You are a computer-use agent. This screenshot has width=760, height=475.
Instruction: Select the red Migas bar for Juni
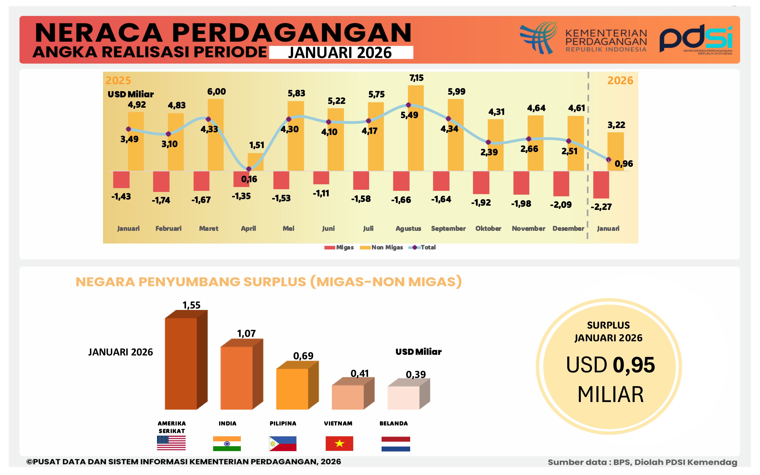coord(321,178)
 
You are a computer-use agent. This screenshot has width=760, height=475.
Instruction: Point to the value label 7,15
coord(416,78)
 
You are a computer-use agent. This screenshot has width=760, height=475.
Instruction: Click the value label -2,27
coord(601,207)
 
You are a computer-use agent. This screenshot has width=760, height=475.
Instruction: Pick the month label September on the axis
coord(448,228)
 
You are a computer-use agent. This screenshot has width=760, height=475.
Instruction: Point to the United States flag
coord(171,443)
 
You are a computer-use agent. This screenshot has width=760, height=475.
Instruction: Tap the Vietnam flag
coord(339,443)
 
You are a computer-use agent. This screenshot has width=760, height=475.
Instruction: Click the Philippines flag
coord(283,443)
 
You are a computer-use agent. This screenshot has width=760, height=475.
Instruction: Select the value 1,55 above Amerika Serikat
coord(191,305)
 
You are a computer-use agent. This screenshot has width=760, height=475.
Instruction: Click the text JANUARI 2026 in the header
coord(340,52)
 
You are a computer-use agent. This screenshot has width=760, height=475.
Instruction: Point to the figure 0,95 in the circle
coord(634,365)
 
